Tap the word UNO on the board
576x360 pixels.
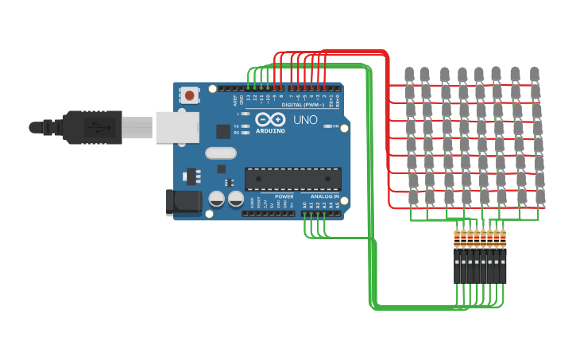(x=306, y=121)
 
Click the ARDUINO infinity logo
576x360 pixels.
(x=270, y=119)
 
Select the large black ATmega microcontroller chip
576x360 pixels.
(x=292, y=179)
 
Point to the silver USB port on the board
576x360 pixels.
(x=176, y=127)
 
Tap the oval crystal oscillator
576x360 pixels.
(x=221, y=153)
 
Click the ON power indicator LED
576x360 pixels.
(x=327, y=126)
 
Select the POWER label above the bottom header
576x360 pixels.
(x=284, y=196)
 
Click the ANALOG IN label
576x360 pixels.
(x=324, y=196)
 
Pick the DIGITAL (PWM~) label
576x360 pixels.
(x=303, y=104)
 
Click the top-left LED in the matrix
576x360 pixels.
(x=409, y=75)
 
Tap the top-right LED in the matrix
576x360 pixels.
(x=535, y=75)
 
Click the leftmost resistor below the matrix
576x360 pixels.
(x=457, y=238)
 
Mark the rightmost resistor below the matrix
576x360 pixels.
(x=503, y=238)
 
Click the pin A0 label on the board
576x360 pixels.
(x=303, y=205)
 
